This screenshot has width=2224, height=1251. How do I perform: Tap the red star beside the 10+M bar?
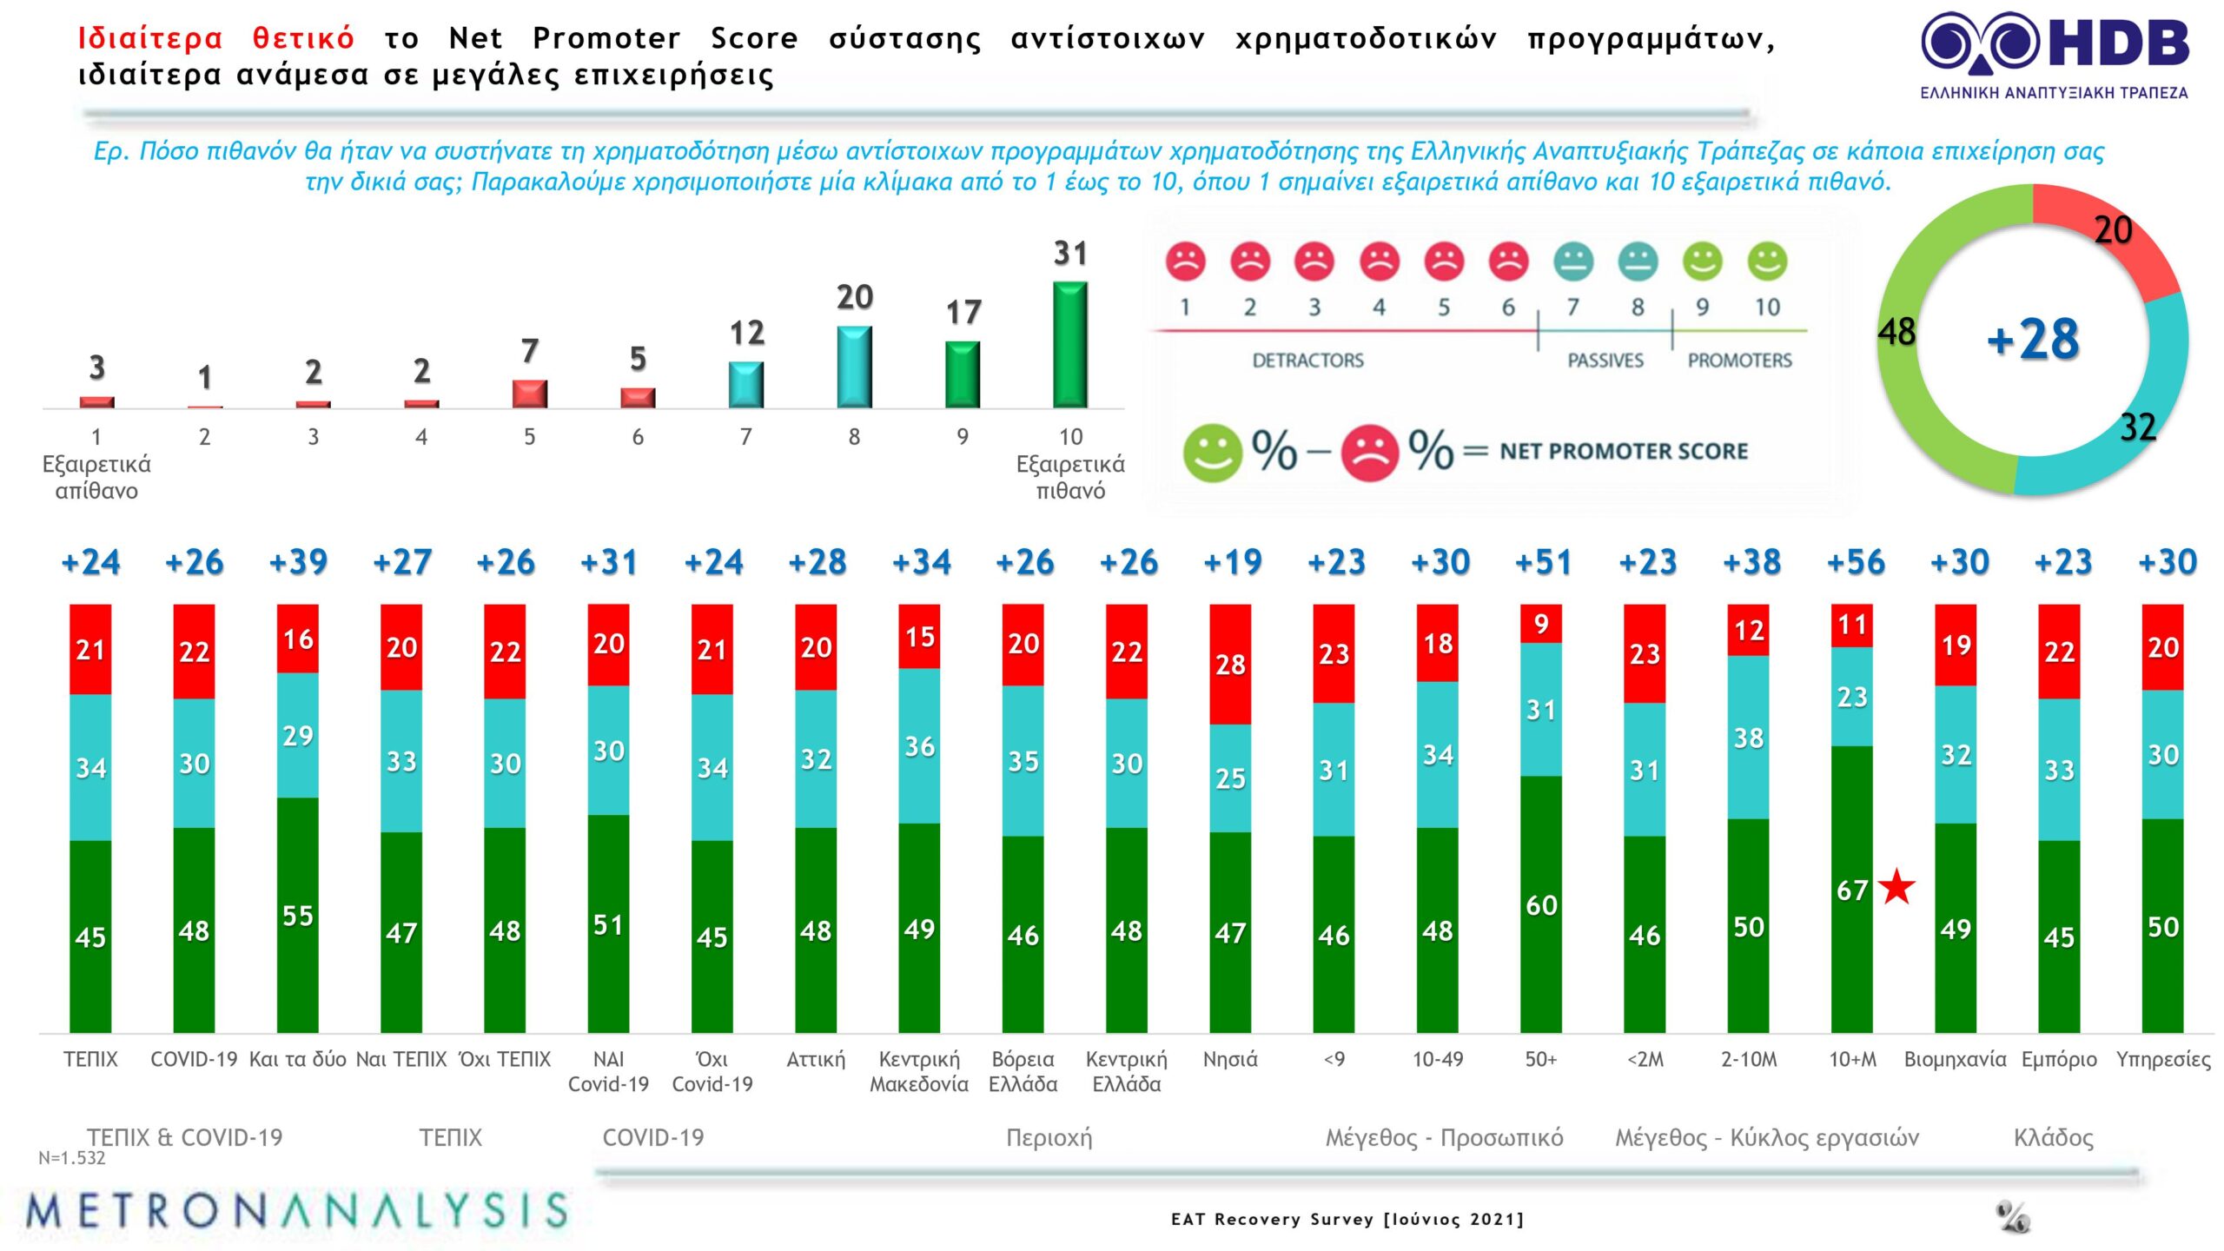pyautogui.click(x=1896, y=887)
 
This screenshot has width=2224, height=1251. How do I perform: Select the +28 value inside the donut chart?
pyautogui.click(x=2033, y=339)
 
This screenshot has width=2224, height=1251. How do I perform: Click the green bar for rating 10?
pyautogui.click(x=1070, y=345)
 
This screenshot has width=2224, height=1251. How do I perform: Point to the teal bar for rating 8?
pyautogui.click(x=854, y=367)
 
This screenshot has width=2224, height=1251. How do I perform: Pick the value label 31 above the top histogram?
pyautogui.click(x=1070, y=254)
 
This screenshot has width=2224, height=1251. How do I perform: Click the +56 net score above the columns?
pyautogui.click(x=1856, y=562)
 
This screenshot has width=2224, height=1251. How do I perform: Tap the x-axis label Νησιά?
pyautogui.click(x=1230, y=1060)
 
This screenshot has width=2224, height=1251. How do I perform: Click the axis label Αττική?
pyautogui.click(x=816, y=1060)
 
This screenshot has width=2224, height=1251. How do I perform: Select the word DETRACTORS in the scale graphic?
pyautogui.click(x=1307, y=361)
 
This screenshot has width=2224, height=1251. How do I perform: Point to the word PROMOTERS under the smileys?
pyautogui.click(x=1739, y=361)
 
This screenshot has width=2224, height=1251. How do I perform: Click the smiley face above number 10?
pyautogui.click(x=1767, y=261)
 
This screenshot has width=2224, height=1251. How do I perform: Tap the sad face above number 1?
pyautogui.click(x=1185, y=261)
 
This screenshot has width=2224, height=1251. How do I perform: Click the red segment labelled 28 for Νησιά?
pyautogui.click(x=1230, y=665)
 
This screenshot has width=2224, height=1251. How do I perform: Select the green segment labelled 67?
pyautogui.click(x=1851, y=889)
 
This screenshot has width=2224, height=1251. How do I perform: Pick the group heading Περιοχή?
pyautogui.click(x=1049, y=1138)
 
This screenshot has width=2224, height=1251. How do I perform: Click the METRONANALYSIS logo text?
pyautogui.click(x=296, y=1211)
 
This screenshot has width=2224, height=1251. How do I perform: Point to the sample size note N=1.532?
pyautogui.click(x=71, y=1158)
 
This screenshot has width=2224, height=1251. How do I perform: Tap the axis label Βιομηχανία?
pyautogui.click(x=1956, y=1060)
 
